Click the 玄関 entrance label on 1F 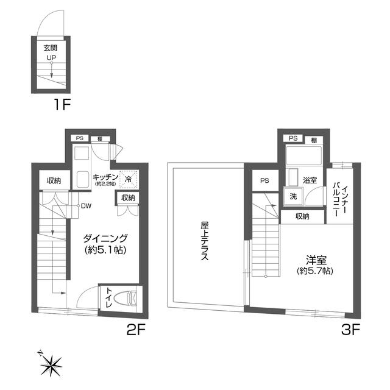(51, 48)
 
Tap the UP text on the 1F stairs (51, 57)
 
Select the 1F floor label (62, 104)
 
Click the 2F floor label (135, 330)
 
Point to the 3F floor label (351, 330)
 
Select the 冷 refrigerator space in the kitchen (129, 179)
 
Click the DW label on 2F (86, 206)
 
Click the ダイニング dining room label (105, 238)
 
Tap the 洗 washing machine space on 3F (293, 196)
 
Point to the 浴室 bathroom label (310, 180)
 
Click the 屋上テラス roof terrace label (205, 241)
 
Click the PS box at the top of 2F (80, 138)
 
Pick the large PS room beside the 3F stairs (264, 180)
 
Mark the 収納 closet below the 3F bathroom (302, 217)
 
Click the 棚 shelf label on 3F (314, 141)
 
